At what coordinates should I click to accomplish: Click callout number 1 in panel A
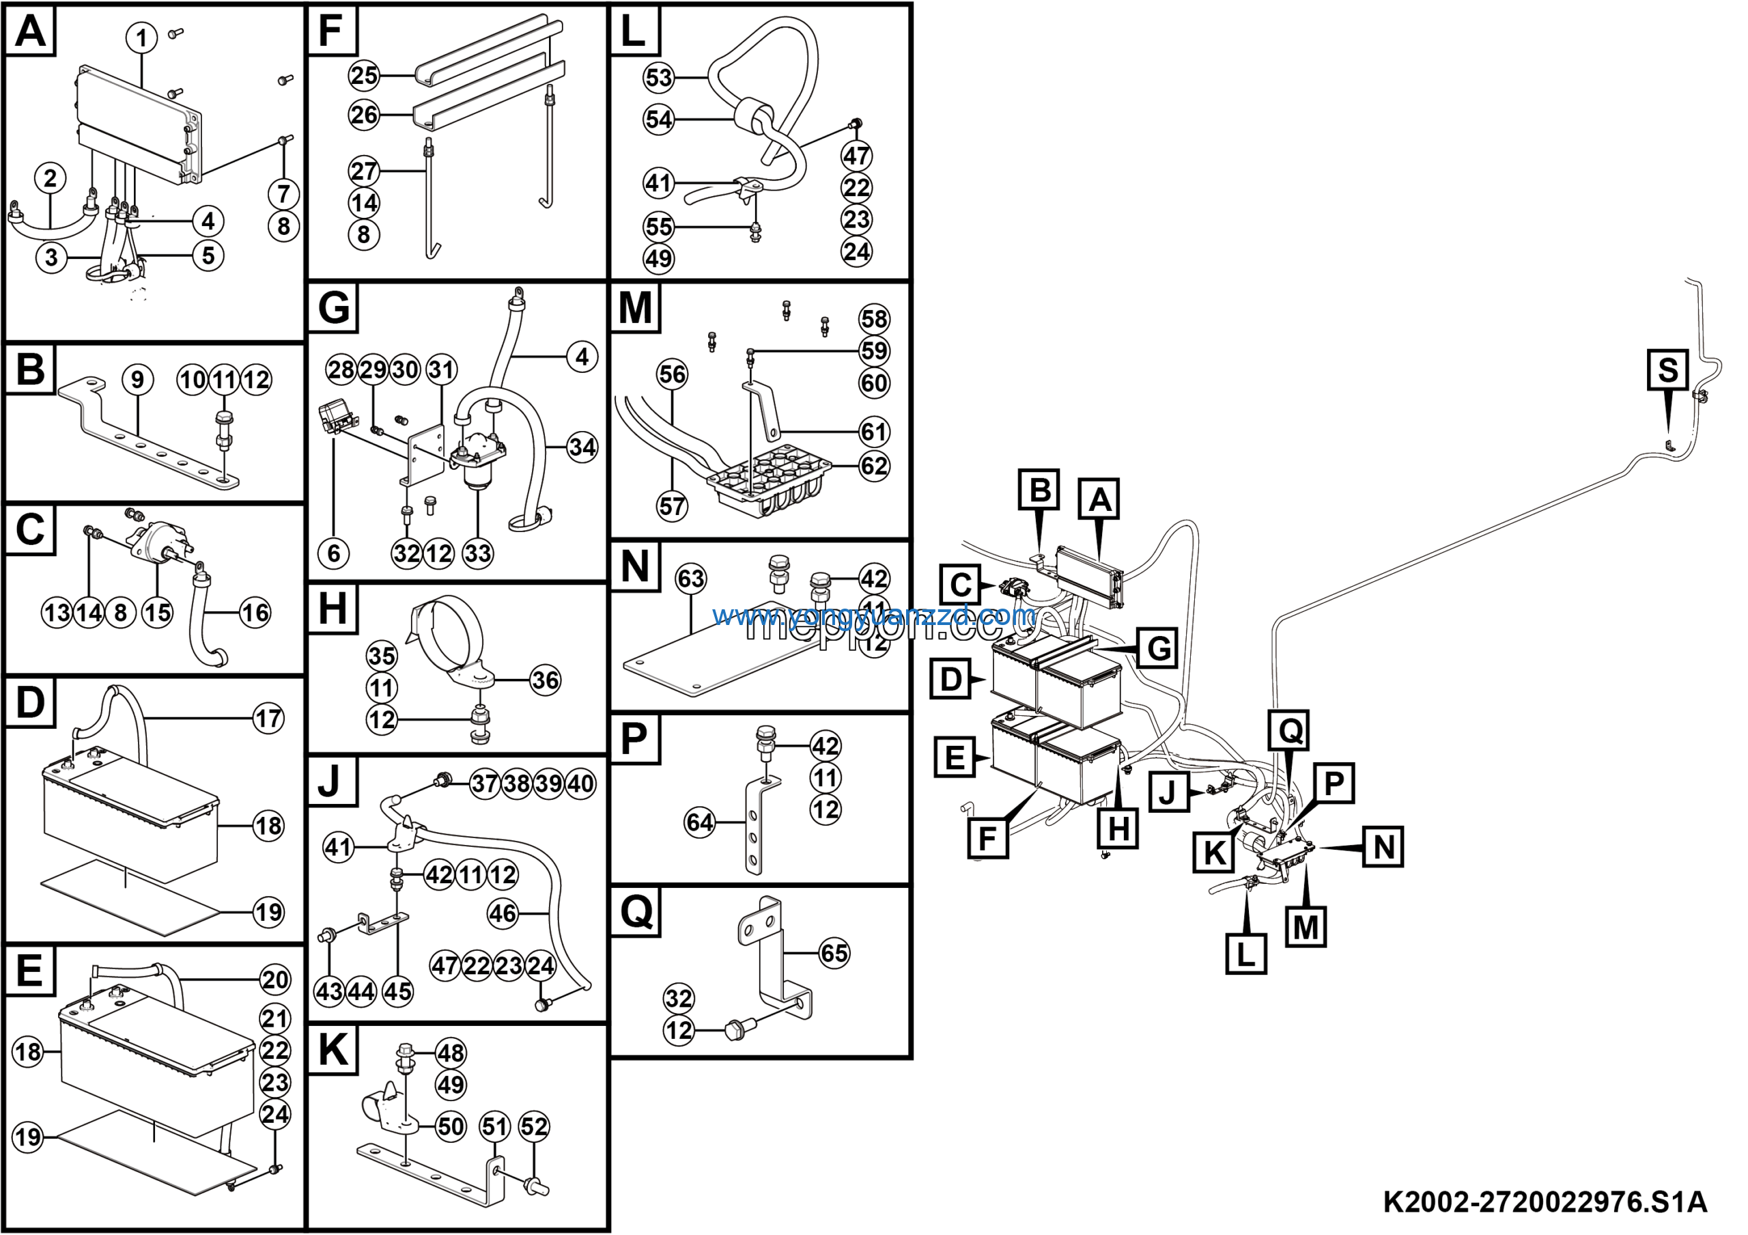tap(141, 38)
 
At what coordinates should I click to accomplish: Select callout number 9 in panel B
tap(138, 379)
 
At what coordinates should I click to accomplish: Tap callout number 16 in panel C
tap(255, 612)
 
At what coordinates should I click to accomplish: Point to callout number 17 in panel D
tap(268, 718)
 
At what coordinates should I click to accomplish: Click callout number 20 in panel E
tap(275, 980)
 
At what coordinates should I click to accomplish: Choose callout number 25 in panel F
tap(364, 75)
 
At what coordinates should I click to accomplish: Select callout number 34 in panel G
tap(582, 447)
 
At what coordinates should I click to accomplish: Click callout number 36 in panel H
tap(545, 680)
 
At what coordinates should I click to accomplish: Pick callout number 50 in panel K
tap(451, 1126)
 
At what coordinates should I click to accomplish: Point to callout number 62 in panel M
tap(874, 465)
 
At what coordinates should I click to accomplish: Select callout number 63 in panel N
tap(690, 579)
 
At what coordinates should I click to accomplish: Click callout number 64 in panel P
tap(700, 822)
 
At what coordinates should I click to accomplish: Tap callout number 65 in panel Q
tap(834, 952)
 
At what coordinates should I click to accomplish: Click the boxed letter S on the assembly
tap(1667, 370)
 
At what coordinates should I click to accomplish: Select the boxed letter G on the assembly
tap(1158, 649)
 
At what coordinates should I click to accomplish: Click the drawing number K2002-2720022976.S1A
tap(1545, 1202)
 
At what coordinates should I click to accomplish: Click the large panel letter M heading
tap(635, 308)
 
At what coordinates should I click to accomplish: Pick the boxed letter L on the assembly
tap(1245, 954)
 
